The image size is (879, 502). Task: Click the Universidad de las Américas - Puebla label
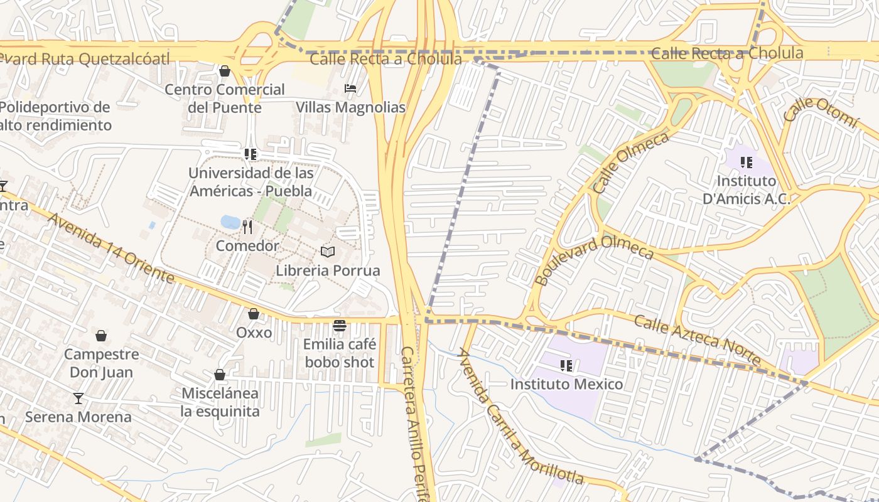(x=251, y=181)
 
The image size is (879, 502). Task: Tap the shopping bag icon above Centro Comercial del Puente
(x=225, y=72)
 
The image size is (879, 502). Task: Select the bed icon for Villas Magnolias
(x=350, y=88)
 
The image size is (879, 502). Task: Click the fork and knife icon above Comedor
(x=247, y=227)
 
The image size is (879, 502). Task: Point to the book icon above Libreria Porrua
(x=328, y=252)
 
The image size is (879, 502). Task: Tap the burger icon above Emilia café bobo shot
(x=340, y=326)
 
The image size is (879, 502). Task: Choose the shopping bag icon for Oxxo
(x=254, y=314)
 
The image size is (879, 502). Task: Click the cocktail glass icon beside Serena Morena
(x=78, y=398)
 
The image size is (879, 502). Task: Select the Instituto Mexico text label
(x=566, y=384)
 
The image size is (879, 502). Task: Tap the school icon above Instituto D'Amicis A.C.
(x=746, y=163)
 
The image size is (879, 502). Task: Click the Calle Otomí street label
(x=820, y=113)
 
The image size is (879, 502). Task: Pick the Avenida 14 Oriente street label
(x=111, y=248)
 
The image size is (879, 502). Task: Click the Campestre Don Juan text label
(x=101, y=363)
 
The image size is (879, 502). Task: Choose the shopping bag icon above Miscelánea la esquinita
(x=220, y=375)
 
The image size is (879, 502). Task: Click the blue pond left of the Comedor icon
(x=230, y=222)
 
